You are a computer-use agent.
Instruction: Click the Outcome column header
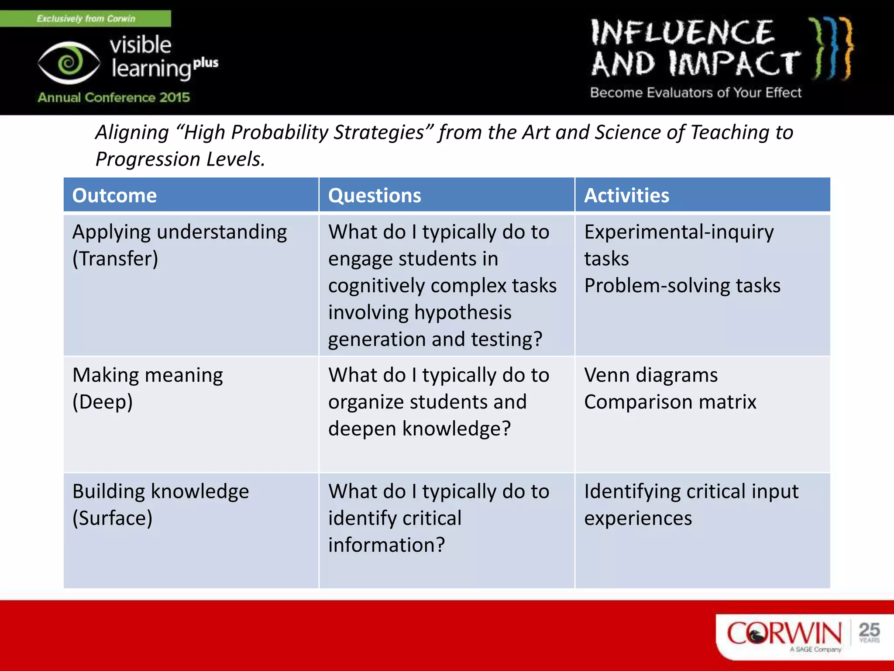[x=114, y=195]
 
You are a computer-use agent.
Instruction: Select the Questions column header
[x=375, y=195]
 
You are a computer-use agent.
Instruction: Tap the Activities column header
[x=626, y=195]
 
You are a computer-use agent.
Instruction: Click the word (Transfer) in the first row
[x=115, y=259]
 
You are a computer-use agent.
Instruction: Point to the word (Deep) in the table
[x=103, y=402]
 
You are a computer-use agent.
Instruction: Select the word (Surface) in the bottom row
[x=113, y=518]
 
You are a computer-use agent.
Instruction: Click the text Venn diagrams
[x=651, y=375]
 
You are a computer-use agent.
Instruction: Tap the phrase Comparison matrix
[x=670, y=402]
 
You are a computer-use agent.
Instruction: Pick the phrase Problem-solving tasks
[x=682, y=286]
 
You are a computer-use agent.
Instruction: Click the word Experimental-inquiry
[x=679, y=232]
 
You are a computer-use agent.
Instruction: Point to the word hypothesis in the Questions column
[x=463, y=312]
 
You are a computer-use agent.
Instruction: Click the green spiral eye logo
[x=69, y=63]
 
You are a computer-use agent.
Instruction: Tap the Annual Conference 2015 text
[x=114, y=97]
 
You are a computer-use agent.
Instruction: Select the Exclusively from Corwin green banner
[x=86, y=18]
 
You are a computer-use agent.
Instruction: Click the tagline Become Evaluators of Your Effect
[x=695, y=93]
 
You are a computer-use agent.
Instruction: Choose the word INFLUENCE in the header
[x=683, y=33]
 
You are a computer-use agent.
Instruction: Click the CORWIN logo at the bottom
[x=784, y=633]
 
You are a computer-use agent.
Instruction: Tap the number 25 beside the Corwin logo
[x=869, y=630]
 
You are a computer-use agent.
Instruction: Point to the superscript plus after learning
[x=206, y=63]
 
